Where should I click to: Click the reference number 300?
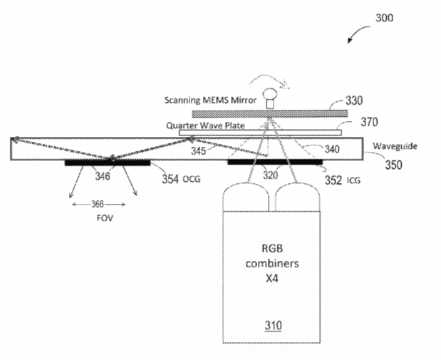[x=385, y=18]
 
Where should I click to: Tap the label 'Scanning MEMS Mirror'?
[x=210, y=101]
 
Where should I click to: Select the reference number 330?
[x=354, y=101]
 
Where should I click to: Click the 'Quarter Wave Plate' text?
[x=205, y=125]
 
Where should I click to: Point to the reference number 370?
[x=369, y=122]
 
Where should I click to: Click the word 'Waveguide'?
[x=395, y=146]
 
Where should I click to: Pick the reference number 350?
[x=393, y=165]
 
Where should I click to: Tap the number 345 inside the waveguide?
[x=198, y=151]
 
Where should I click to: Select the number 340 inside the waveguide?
[x=332, y=149]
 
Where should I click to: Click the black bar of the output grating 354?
[x=108, y=163]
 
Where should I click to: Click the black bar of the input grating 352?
[x=275, y=162]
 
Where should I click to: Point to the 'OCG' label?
[x=192, y=179]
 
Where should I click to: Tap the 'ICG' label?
[x=353, y=180]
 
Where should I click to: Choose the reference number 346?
[x=103, y=177]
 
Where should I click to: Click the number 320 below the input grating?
[x=270, y=175]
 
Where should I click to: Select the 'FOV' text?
[x=105, y=218]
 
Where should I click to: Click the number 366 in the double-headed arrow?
[x=98, y=204]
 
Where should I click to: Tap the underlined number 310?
[x=273, y=326]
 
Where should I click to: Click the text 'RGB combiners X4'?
[x=272, y=264]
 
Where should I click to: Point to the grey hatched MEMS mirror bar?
[x=270, y=113]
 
